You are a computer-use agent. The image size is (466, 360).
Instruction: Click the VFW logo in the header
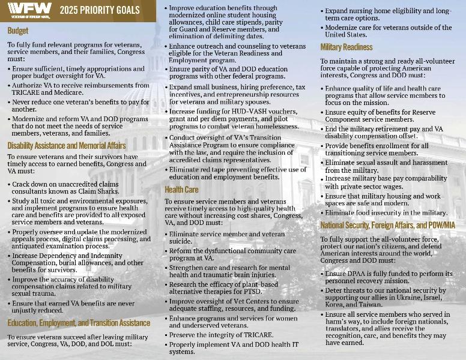click(x=27, y=10)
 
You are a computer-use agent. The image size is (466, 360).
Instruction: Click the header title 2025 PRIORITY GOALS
click(x=98, y=10)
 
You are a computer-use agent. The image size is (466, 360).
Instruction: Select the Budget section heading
click(x=18, y=30)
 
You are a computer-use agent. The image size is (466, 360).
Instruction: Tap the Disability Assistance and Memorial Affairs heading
click(x=67, y=145)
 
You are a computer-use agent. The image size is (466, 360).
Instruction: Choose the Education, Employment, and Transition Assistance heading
click(x=79, y=323)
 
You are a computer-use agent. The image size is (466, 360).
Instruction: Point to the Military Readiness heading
click(x=346, y=47)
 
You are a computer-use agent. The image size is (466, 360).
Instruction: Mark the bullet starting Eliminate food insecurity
click(x=385, y=213)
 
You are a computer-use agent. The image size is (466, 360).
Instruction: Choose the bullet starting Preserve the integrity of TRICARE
click(x=221, y=335)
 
